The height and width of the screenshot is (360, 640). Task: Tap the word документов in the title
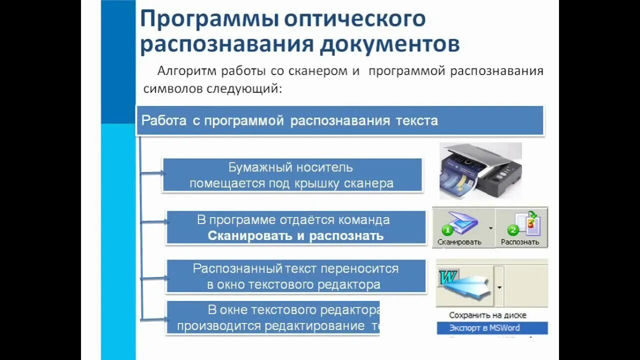coord(389,44)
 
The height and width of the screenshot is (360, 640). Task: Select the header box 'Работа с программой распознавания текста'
coord(340,120)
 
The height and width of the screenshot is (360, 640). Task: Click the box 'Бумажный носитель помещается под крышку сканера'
coord(292,175)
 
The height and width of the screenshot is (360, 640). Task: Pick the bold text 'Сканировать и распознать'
coord(295,235)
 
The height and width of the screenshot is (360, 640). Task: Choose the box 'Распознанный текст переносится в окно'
coord(295,276)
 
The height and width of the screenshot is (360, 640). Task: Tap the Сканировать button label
coord(459,242)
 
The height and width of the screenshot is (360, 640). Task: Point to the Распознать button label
coord(520,242)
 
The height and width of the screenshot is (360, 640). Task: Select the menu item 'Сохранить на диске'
coord(487,315)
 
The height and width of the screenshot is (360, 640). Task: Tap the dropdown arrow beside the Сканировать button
coord(490,228)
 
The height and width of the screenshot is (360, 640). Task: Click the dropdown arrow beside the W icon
coord(499,288)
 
